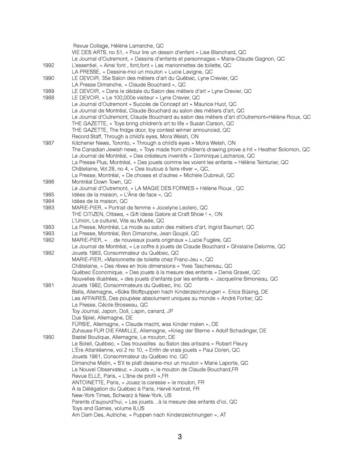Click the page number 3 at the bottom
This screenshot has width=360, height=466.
[x=180, y=437]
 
